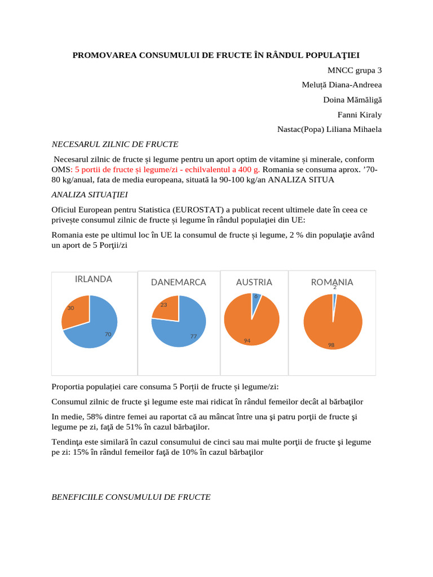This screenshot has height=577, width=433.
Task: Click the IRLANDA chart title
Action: tap(94, 279)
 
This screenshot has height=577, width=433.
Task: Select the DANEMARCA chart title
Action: tap(178, 282)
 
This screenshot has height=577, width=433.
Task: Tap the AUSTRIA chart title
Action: tap(254, 282)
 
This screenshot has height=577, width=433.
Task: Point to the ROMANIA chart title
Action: tap(332, 282)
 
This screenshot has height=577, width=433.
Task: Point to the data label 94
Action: tap(247, 340)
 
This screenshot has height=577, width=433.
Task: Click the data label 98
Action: tap(332, 345)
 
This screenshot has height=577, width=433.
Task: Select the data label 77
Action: tap(193, 336)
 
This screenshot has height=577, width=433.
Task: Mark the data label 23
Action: tap(164, 305)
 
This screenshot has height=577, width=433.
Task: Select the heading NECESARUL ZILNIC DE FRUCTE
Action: tap(115, 144)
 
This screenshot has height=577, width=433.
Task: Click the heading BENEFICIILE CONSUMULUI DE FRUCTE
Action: tap(131, 497)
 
